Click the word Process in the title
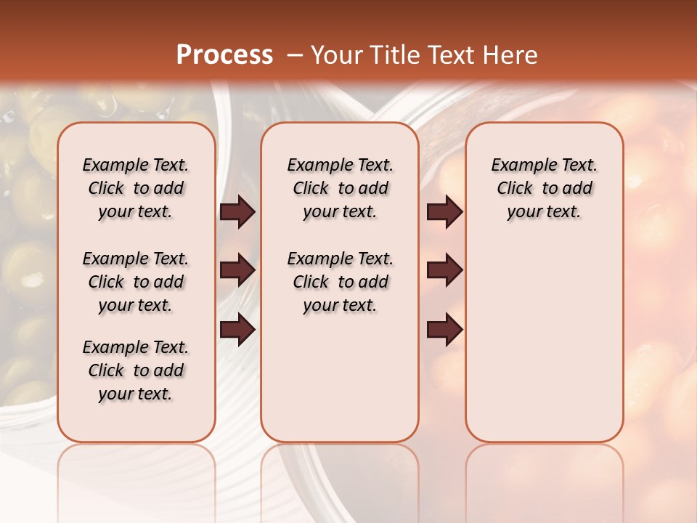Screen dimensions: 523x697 point(224,54)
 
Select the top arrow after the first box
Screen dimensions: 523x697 point(237,211)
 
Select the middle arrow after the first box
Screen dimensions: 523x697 point(237,270)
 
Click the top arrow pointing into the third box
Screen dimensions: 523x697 point(444,211)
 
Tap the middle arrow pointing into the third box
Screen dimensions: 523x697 point(444,270)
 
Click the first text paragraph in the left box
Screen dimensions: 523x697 point(136,188)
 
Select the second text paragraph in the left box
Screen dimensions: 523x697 point(136,282)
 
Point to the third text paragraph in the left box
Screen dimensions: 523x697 point(136,370)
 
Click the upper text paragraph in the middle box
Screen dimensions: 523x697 point(340,188)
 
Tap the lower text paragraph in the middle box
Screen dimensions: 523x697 point(340,282)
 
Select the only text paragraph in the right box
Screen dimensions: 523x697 point(545,188)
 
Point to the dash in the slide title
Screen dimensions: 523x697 point(295,55)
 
